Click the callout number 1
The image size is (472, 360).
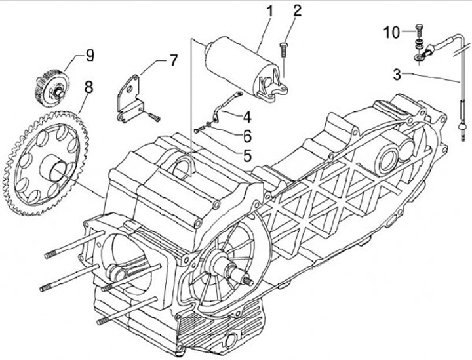tap(269, 11)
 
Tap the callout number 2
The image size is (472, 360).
tap(296, 10)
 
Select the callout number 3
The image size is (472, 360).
tap(397, 75)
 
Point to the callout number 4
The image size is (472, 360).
tap(247, 117)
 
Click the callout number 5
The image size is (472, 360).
tap(247, 155)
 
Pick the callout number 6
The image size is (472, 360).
tap(247, 136)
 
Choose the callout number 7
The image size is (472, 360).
tap(173, 60)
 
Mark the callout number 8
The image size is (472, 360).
tap(89, 87)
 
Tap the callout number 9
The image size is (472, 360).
tap(90, 55)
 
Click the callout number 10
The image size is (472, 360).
tap(391, 32)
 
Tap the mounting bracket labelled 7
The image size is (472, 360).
tap(129, 99)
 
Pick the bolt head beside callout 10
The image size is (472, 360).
tap(419, 30)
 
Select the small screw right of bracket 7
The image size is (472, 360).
tap(153, 117)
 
